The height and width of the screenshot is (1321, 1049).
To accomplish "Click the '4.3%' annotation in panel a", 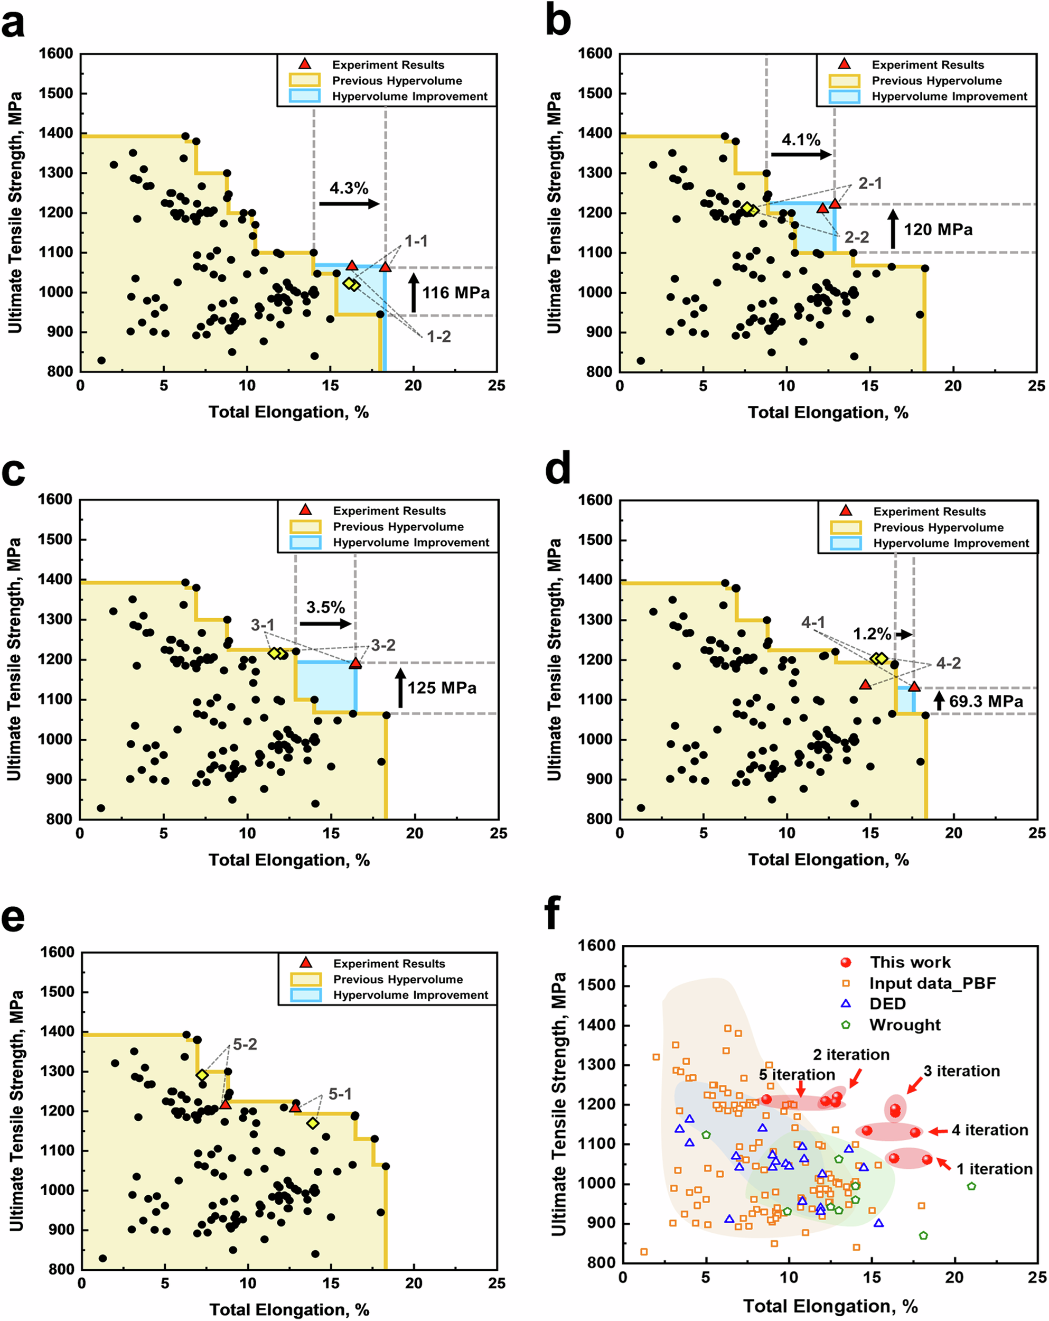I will pos(349,188).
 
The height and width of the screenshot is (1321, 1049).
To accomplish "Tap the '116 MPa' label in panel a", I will pos(456,293).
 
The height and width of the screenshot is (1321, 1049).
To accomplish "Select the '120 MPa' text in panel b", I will pos(938,230).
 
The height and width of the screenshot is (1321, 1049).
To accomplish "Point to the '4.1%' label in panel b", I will pos(800,139).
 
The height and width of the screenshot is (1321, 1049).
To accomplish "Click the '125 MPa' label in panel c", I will pos(442,688).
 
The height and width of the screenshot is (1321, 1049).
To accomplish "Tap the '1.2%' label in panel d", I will pos(872,634).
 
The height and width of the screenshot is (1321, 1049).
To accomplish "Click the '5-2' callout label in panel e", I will pos(245,1044).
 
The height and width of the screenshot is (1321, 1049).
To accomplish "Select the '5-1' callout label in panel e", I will pos(341,1094).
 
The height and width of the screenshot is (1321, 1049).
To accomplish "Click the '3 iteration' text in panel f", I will pos(961,1071).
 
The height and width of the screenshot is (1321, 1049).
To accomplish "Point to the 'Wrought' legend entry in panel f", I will pos(904,1025).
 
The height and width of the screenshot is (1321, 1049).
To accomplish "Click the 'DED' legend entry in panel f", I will pos(887,1003).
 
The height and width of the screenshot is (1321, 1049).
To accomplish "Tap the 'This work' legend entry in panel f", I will pos(910,962).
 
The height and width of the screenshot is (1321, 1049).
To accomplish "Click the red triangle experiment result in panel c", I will pos(355,663).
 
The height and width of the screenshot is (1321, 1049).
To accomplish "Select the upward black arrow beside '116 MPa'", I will pos(414,293).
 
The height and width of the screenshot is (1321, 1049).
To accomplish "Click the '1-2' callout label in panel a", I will pos(438,337).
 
